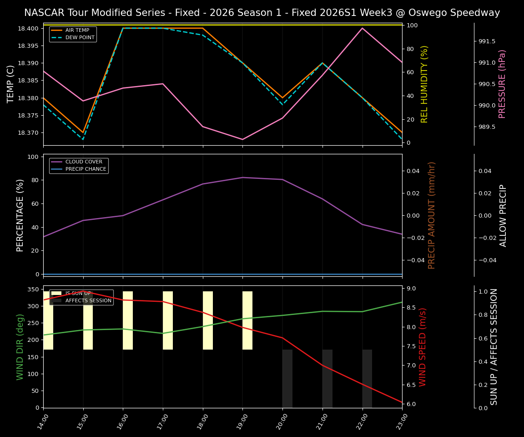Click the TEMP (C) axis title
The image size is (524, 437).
[x=11, y=84]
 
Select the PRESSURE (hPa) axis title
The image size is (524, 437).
[x=502, y=84]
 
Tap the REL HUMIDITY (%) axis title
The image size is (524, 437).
[x=424, y=84]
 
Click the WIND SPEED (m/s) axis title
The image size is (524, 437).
[x=423, y=347]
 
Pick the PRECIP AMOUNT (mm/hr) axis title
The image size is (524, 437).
[x=432, y=215]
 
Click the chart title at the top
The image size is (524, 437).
[x=262, y=13]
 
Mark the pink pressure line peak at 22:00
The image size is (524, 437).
[x=363, y=28]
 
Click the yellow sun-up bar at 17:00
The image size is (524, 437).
[x=168, y=320]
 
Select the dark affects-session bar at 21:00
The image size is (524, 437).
[x=327, y=378]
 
